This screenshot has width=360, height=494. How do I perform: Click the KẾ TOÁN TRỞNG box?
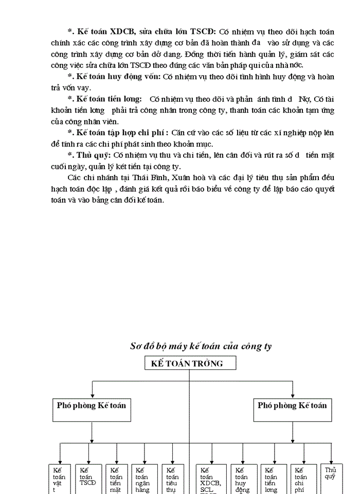point(190,363)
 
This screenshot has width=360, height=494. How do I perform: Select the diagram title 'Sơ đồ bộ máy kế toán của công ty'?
point(201,346)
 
